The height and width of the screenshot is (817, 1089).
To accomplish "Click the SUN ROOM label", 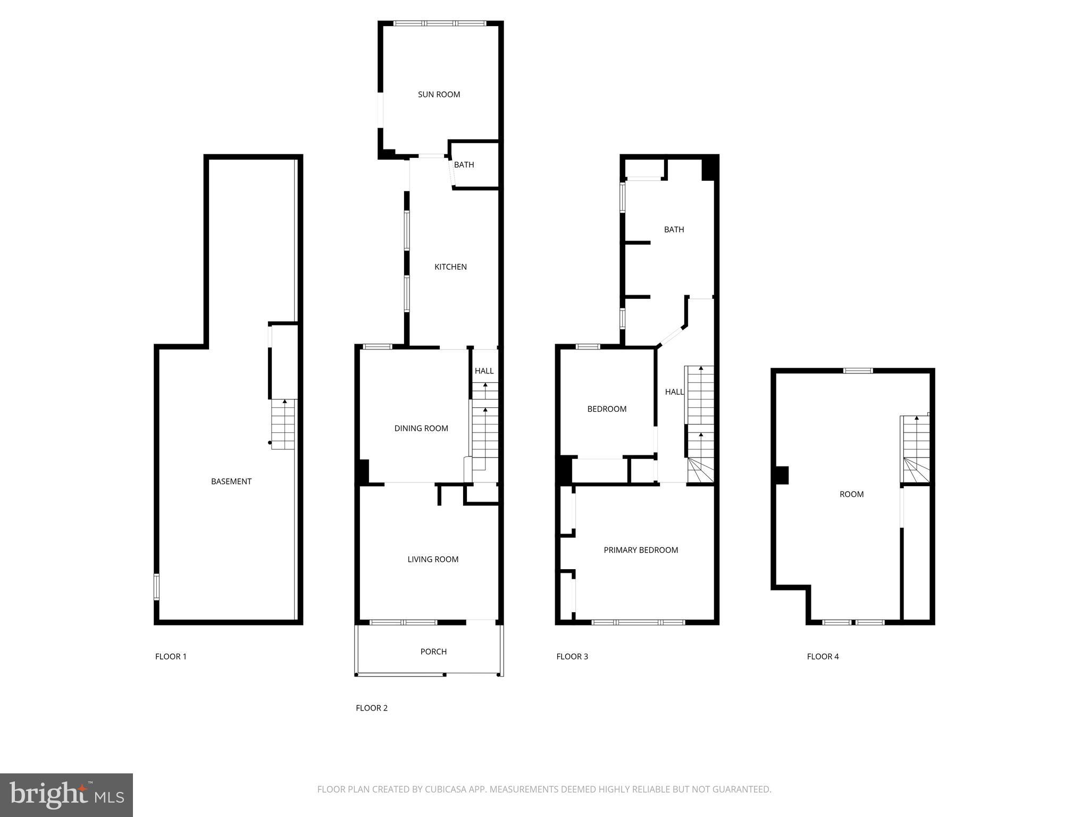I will tap(439, 95).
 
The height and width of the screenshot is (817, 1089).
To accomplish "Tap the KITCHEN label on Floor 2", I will tap(450, 267).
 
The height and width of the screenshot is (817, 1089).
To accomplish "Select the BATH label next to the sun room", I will tap(464, 165).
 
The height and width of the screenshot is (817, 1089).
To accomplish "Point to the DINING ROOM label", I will tap(421, 428).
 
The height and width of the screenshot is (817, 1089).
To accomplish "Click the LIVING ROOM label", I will tap(433, 559).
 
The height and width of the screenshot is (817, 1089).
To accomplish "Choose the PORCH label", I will tap(433, 652).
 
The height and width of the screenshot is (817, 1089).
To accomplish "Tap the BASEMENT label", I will tap(231, 481).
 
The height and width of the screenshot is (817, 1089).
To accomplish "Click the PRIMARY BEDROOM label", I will tap(641, 550).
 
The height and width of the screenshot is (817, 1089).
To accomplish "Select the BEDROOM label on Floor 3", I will tap(607, 409).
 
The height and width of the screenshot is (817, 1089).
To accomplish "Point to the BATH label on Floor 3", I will tap(674, 230).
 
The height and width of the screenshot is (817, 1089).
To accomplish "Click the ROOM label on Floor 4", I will tap(851, 494).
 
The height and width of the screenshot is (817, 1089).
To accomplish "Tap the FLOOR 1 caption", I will tap(171, 656).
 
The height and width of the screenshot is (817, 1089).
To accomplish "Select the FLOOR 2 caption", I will tap(372, 708).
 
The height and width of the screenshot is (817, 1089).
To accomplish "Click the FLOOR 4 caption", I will tap(823, 656).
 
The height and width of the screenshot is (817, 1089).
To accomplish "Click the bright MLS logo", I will tap(66, 795).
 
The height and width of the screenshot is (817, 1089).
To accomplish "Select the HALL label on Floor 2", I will tap(484, 371).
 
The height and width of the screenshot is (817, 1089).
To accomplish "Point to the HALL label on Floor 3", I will tap(674, 392).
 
